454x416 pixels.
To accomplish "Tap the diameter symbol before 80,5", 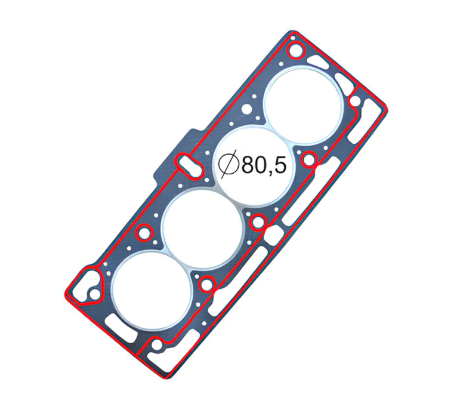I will point(228,165).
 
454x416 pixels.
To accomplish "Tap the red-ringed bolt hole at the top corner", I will point(295,51).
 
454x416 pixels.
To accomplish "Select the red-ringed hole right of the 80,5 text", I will point(309,159).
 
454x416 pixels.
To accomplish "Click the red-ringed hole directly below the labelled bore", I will point(258,223).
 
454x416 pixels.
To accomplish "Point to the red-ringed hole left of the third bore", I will point(144,232).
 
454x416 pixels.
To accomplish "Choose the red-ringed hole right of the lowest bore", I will point(206,285).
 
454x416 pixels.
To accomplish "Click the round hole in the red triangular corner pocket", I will point(92,294).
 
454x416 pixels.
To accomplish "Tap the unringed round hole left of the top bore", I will point(245,110).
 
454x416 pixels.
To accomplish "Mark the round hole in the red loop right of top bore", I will point(357,103).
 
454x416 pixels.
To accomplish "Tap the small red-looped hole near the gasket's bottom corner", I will point(156,346).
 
